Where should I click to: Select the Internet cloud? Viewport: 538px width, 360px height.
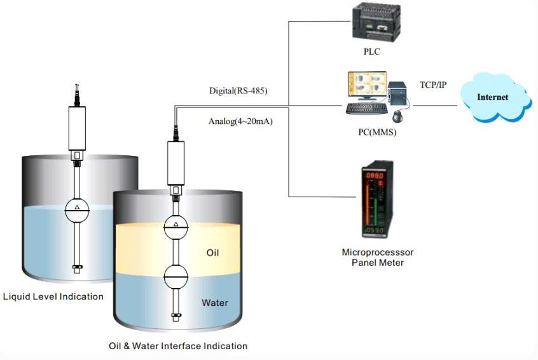493,97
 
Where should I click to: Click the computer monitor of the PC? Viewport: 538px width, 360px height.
365,88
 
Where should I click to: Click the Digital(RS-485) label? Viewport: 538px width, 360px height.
238,91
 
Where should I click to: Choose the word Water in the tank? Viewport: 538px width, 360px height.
215,303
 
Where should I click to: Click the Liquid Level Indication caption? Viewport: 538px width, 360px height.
53,296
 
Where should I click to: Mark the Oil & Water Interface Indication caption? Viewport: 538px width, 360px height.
178,346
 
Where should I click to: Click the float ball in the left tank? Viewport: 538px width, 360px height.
77,209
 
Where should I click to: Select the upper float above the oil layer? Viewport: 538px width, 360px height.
176,226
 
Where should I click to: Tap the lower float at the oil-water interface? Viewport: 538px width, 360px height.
176,275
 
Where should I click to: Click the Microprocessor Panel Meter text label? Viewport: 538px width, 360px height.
378,258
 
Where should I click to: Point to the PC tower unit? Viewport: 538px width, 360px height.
399,95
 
